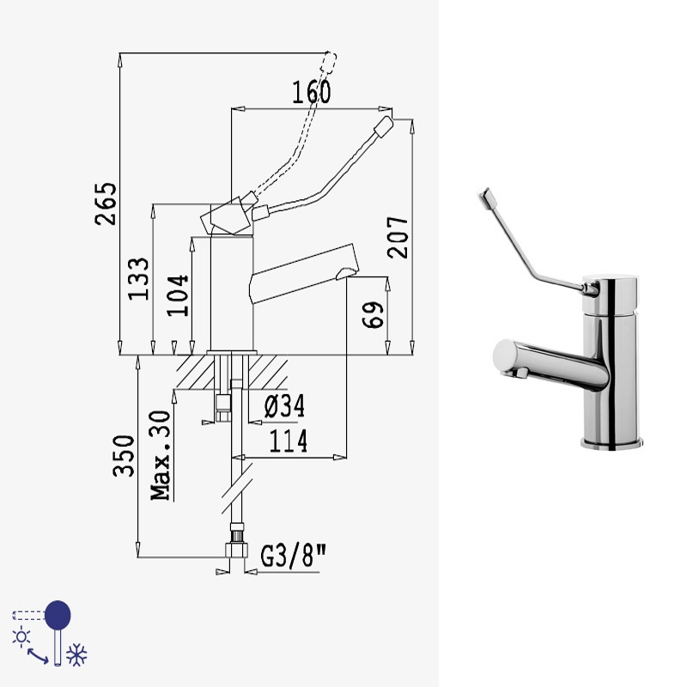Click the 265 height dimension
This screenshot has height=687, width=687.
point(106,204)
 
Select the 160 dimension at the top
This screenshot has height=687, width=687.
point(312,93)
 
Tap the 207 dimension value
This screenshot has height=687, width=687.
point(398,237)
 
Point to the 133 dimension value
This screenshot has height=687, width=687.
point(138,278)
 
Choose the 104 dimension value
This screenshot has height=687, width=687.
point(178,295)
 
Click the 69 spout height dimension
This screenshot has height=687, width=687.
point(373,314)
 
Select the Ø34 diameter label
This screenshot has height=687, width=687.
point(284,406)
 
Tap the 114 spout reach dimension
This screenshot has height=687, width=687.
point(289,441)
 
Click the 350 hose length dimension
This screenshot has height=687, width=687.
point(124,456)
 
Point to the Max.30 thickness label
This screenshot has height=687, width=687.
point(161,455)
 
